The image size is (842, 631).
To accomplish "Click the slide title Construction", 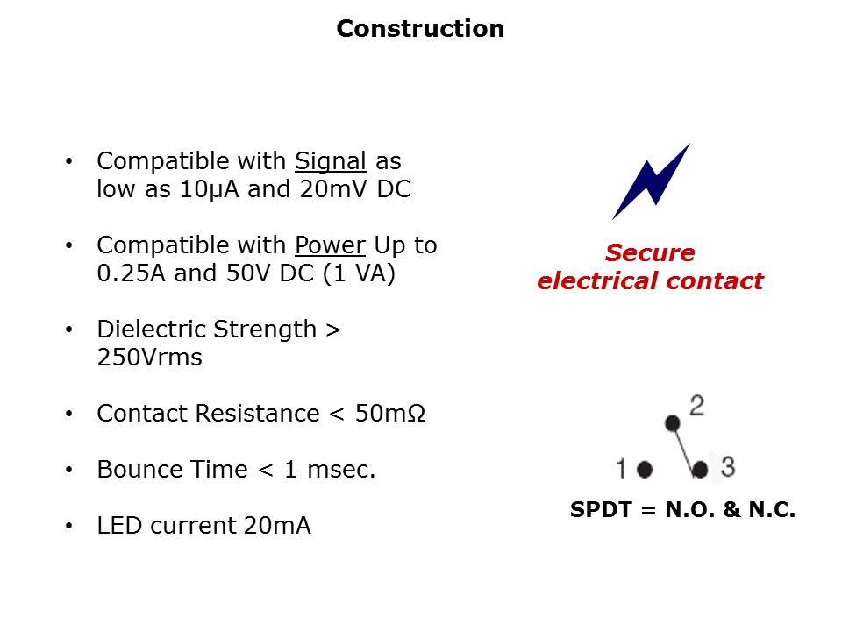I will (420, 29).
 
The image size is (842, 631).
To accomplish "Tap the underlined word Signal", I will (330, 161).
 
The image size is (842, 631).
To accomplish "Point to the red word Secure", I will (649, 253).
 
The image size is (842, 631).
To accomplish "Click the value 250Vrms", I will (149, 358).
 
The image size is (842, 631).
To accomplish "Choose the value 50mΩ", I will (390, 414).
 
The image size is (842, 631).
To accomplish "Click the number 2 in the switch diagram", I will (697, 406).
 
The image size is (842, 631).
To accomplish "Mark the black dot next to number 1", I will (645, 470).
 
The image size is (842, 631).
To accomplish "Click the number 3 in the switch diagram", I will (727, 466).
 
